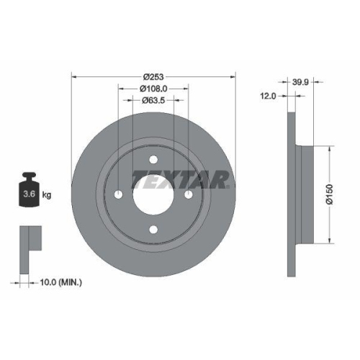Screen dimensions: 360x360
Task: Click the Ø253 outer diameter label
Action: click(x=153, y=76)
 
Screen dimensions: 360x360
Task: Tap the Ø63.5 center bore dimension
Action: click(x=153, y=100)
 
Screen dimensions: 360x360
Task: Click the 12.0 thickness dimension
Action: click(x=269, y=94)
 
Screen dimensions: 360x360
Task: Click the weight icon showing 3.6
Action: click(x=28, y=191)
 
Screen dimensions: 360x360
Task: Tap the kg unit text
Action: click(x=46, y=195)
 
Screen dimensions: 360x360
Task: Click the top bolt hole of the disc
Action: click(x=153, y=160)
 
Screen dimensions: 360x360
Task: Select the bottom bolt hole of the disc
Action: click(x=153, y=230)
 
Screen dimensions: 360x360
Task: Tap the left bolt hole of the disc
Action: click(x=119, y=195)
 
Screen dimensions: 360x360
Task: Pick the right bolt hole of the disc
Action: click(x=189, y=195)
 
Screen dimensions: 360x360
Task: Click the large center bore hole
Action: click(x=153, y=195)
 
